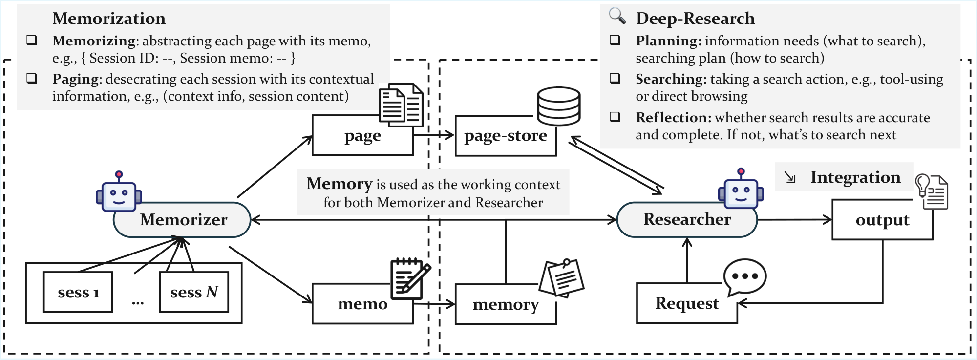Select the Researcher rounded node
pyautogui.click(x=687, y=220)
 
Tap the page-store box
pyautogui.click(x=505, y=136)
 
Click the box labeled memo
pyautogui.click(x=362, y=304)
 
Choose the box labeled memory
pyautogui.click(x=505, y=305)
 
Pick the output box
pyautogui.click(x=882, y=220)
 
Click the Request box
pyautogui.click(x=686, y=303)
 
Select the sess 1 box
pyautogui.click(x=78, y=292)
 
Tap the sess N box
pyautogui.click(x=194, y=292)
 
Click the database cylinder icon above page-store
pyautogui.click(x=558, y=106)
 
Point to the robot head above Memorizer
pyautogui.click(x=119, y=194)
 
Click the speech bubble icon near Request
pyautogui.click(x=744, y=277)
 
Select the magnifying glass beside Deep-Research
pyautogui.click(x=617, y=16)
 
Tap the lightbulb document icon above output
pyautogui.click(x=932, y=191)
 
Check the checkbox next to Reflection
pyautogui.click(x=615, y=117)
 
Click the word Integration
pyautogui.click(x=855, y=177)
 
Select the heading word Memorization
pyautogui.click(x=109, y=19)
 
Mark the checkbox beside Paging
pyautogui.click(x=32, y=78)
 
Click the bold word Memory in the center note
pyautogui.click(x=340, y=184)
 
